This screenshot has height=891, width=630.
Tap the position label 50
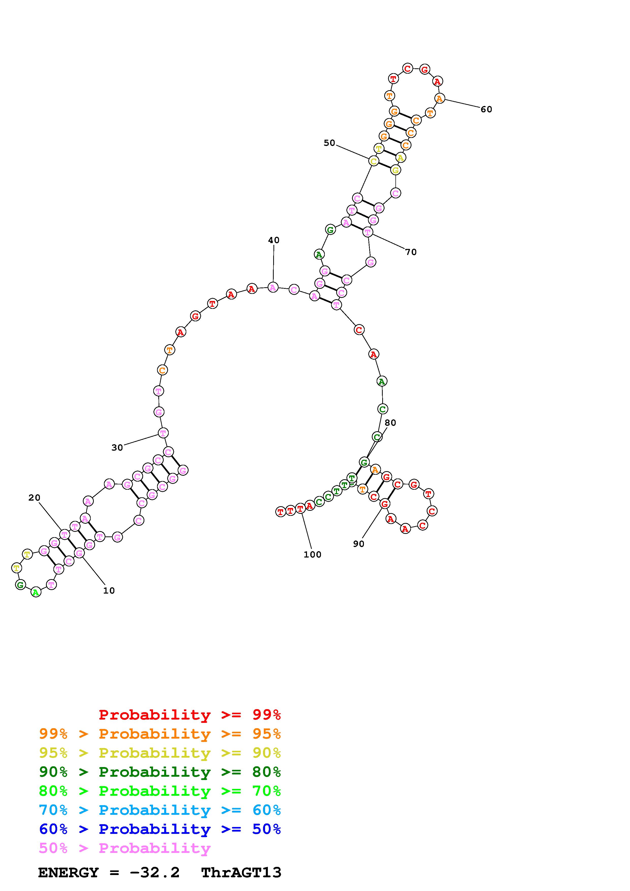[x=329, y=143]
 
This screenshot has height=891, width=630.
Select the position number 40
[x=274, y=240]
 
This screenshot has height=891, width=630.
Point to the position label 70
[x=411, y=252]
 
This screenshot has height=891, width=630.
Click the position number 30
[x=117, y=448]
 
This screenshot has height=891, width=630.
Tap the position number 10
[x=109, y=591]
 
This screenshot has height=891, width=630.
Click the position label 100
[x=313, y=554]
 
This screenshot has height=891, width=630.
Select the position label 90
[x=359, y=544]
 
